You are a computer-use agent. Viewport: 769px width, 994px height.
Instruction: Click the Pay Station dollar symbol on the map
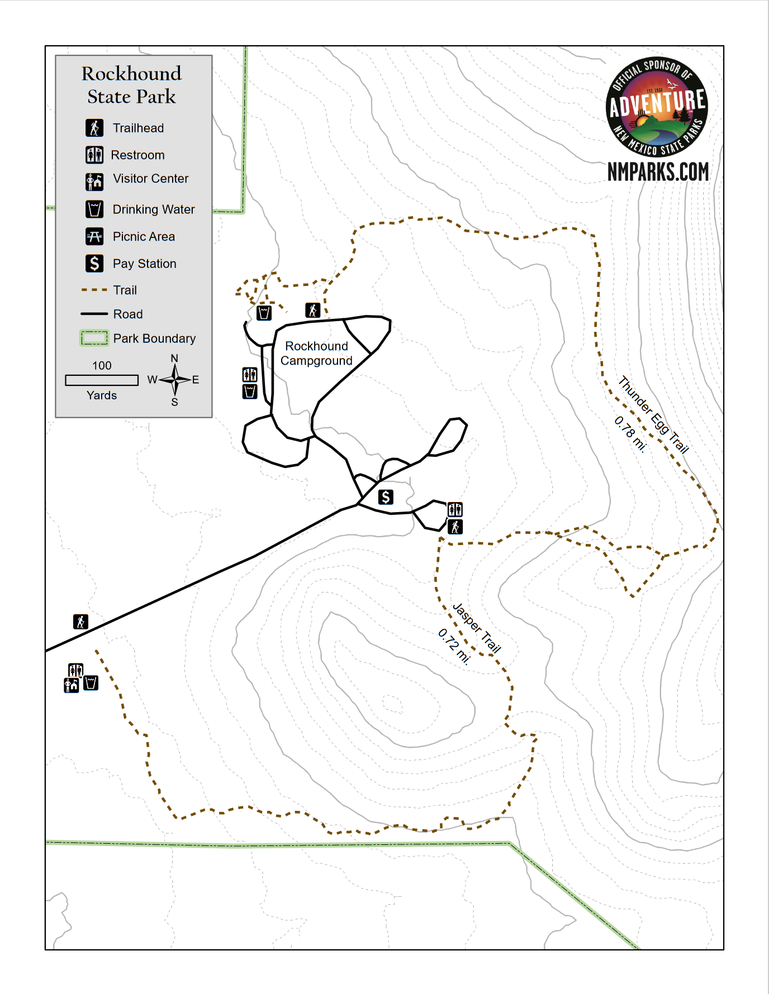coord(386,497)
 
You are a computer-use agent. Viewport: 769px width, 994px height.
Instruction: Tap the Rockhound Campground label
coord(316,353)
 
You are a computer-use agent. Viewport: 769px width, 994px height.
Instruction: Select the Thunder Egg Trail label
coord(653,414)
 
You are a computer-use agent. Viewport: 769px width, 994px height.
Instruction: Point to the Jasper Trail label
coord(477,628)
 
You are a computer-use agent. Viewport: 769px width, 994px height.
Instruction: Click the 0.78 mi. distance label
coord(630,434)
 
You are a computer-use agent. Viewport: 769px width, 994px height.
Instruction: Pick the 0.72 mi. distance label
coord(454,646)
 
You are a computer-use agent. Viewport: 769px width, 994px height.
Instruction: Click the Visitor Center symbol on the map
coord(71,685)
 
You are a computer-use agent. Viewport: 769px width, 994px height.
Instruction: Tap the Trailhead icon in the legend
coord(94,128)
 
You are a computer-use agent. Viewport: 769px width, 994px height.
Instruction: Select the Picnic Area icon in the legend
coord(94,237)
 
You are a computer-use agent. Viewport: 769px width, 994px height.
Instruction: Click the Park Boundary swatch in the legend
coord(94,338)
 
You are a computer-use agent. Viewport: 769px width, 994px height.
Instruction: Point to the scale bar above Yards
coord(102,380)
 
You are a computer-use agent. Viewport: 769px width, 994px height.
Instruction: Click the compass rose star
coord(175,380)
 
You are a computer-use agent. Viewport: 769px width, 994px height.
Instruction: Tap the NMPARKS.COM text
coord(658,172)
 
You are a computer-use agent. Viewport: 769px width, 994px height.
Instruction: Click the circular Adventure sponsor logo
coord(657,108)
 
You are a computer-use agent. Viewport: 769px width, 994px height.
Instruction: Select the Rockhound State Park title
coord(132,85)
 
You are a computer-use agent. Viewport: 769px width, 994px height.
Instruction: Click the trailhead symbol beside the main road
coord(81,622)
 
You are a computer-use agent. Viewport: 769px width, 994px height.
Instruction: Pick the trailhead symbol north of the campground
coord(313,310)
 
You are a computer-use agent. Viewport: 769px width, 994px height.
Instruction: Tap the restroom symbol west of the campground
coord(250,374)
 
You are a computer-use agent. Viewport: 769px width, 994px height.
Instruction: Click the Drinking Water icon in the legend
coord(94,209)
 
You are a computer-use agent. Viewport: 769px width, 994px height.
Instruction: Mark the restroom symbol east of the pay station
coord(455,509)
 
